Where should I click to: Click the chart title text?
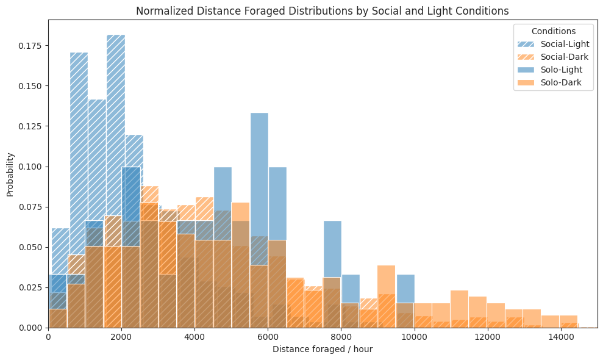(x=322, y=11)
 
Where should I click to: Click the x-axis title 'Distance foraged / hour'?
(x=322, y=349)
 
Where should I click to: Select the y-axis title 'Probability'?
(x=10, y=174)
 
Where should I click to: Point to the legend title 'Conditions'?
(x=553, y=31)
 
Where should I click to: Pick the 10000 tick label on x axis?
(x=414, y=337)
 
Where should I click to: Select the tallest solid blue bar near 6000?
(x=259, y=153)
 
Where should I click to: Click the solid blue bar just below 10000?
(x=405, y=287)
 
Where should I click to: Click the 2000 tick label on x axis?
(x=121, y=337)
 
